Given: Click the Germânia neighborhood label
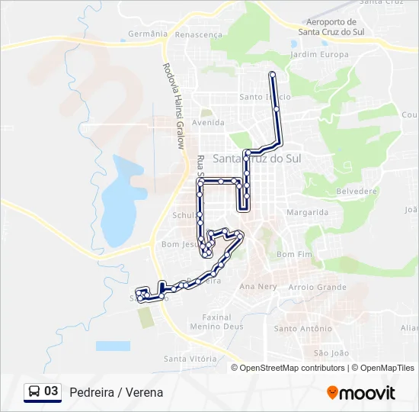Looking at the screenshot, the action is (147, 34).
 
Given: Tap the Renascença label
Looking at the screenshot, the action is (198, 34).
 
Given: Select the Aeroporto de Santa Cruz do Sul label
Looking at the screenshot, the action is (329, 27).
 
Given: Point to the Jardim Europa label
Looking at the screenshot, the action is (320, 55).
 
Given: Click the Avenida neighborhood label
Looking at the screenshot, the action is (208, 122).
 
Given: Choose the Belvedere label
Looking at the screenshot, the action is (357, 191).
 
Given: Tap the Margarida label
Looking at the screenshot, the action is (307, 212).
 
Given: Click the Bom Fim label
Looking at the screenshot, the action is (295, 254).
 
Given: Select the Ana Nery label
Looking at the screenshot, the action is (257, 287).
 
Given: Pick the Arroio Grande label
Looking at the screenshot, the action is (318, 287).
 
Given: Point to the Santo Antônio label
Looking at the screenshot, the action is (302, 329).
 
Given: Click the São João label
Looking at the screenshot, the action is (331, 352).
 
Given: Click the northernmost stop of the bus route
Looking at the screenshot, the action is (272, 73).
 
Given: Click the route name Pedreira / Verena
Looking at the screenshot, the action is (116, 392).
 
